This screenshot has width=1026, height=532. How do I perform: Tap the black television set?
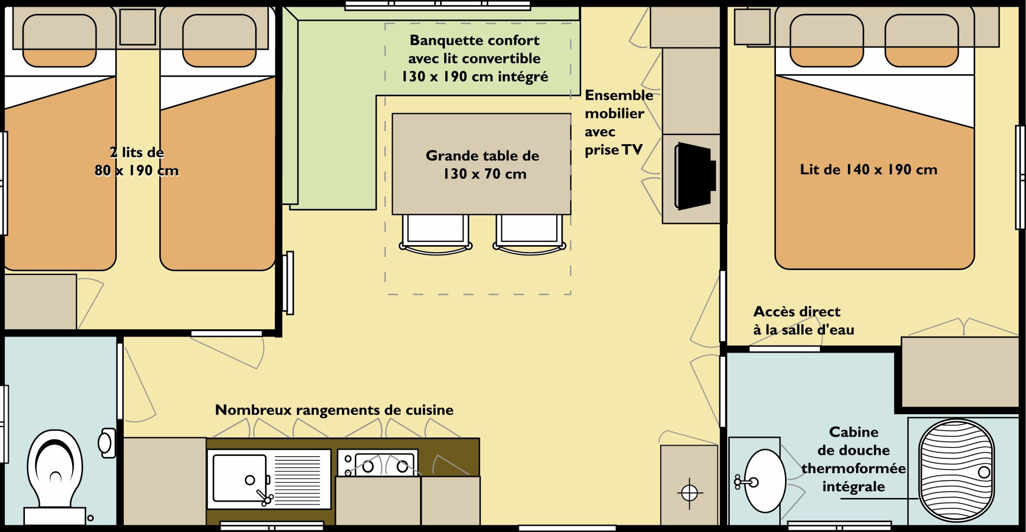[695, 176]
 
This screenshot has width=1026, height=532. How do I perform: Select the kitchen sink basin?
[240, 478]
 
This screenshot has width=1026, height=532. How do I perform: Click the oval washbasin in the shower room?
[765, 481]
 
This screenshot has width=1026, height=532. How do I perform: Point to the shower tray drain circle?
[984, 472]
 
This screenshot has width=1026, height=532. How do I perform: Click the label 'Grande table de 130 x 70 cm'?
[483, 164]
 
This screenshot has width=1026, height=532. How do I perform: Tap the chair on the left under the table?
[436, 234]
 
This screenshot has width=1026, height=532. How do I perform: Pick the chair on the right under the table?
[529, 234]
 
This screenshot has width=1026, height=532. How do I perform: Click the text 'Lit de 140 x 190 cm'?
[868, 169]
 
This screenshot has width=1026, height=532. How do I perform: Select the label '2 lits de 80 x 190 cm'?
[137, 161]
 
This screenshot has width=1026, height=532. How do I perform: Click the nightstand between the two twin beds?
[137, 27]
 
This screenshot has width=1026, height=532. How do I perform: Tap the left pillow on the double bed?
[826, 40]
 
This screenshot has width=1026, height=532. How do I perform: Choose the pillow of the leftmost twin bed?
[59, 40]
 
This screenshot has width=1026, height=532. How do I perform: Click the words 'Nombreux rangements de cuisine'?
[334, 410]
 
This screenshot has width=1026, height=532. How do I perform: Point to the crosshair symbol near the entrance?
[690, 493]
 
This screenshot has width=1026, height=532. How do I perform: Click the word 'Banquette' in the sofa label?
[442, 40]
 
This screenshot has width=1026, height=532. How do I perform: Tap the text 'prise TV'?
[614, 150]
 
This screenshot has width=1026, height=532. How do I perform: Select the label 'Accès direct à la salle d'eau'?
[804, 320]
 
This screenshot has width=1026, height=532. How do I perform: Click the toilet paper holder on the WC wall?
[107, 443]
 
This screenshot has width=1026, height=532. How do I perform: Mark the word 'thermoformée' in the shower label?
[854, 468]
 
